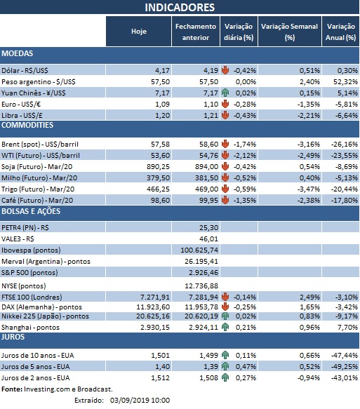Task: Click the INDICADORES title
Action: pyautogui.click(x=180, y=8)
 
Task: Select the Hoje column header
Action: pyautogui.click(x=139, y=32)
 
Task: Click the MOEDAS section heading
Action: pyautogui.click(x=18, y=53)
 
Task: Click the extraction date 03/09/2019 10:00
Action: pyautogui.click(x=137, y=399)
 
